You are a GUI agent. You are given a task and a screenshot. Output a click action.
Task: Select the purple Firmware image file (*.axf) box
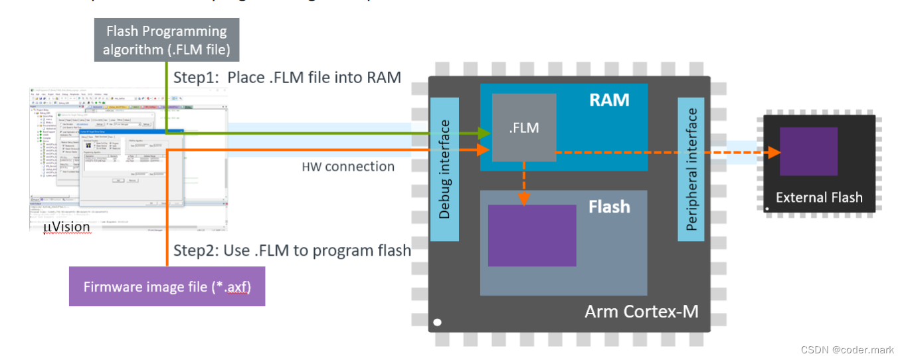(x=167, y=287)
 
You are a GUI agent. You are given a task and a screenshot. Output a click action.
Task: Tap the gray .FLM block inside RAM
(x=524, y=128)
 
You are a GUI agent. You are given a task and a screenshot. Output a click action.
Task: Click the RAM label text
(x=609, y=100)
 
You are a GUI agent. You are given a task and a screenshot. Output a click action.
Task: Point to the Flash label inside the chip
(x=608, y=207)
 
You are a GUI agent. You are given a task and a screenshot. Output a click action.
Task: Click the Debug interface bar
(x=445, y=169)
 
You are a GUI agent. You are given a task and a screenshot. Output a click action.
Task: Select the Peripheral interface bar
(x=691, y=169)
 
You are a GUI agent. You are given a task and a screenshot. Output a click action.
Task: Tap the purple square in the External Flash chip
(x=808, y=151)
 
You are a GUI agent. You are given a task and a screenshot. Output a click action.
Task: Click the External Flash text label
(x=818, y=197)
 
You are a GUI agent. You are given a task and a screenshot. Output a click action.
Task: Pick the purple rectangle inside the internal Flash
(x=532, y=236)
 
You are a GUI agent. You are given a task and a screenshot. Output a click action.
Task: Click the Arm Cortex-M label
(x=641, y=311)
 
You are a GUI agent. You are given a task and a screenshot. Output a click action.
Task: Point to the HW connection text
(x=348, y=166)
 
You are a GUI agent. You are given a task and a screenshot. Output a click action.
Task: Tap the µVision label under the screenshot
(x=66, y=228)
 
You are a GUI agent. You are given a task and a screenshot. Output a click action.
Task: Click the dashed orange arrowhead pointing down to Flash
(x=524, y=199)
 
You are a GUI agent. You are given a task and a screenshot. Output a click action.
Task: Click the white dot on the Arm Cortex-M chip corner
(x=437, y=323)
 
